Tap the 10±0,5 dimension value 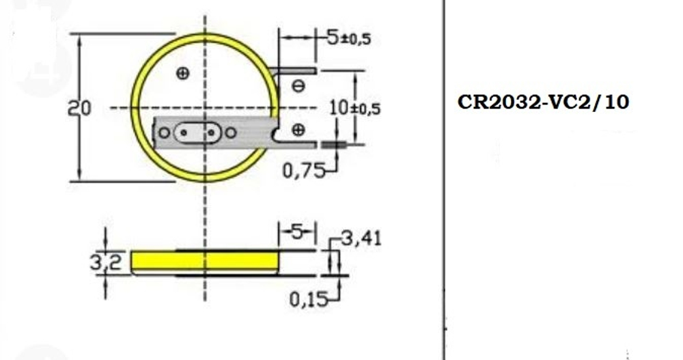pyautogui.click(x=354, y=108)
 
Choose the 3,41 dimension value pyautogui.click(x=361, y=238)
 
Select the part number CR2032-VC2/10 pyautogui.click(x=543, y=102)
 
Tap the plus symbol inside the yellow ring pyautogui.click(x=182, y=74)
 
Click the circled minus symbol pyautogui.click(x=298, y=85)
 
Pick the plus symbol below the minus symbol pyautogui.click(x=298, y=130)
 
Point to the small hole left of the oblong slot pyautogui.click(x=164, y=133)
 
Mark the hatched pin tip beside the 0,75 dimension pyautogui.click(x=331, y=144)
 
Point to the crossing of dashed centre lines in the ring pyautogui.click(x=205, y=108)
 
